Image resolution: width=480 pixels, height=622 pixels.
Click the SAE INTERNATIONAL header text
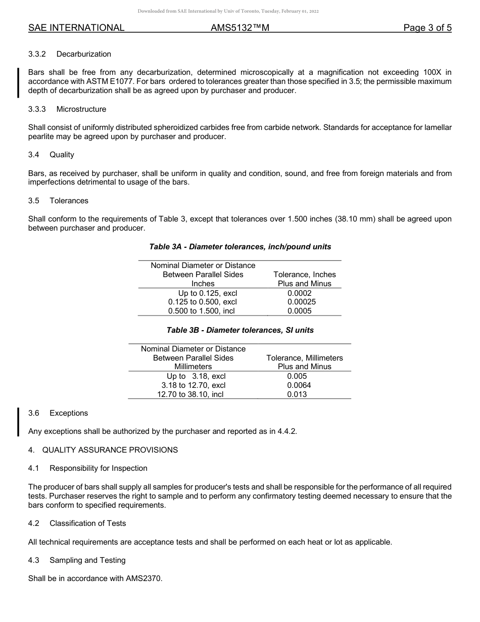point(76,28)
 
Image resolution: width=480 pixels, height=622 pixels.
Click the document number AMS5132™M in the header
point(240,28)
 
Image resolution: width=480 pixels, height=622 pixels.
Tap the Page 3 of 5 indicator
point(427,28)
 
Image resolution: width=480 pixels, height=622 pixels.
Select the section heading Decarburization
point(84,54)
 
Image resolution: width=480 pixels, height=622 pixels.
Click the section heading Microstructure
point(81,109)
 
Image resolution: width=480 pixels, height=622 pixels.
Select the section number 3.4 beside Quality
point(34,155)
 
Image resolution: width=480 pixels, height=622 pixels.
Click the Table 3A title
point(240,247)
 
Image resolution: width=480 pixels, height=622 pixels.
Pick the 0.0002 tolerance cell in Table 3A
point(299,293)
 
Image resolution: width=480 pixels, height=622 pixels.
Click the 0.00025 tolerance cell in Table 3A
point(302,302)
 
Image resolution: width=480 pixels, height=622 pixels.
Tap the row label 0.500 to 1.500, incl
point(202,312)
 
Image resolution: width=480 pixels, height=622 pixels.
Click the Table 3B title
point(240,330)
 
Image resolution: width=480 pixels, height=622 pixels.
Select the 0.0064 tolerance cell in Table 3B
point(299,385)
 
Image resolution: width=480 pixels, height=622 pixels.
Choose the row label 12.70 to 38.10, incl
point(190,394)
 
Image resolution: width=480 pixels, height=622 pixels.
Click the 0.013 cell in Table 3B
point(297,394)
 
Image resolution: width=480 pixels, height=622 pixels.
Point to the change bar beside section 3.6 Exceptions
point(19,422)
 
